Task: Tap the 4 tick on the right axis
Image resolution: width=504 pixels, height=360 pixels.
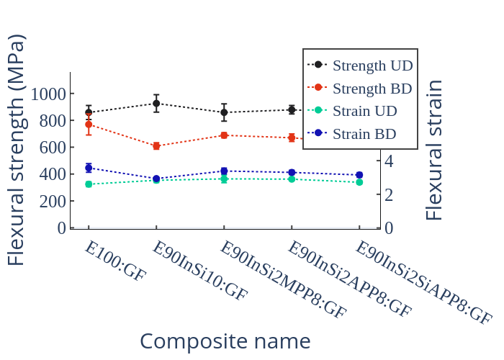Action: point(389,161)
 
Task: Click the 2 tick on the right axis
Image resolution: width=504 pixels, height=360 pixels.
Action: point(389,194)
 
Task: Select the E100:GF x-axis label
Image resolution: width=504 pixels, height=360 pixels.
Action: point(115,261)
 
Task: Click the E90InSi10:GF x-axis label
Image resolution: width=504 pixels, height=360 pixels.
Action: point(199,270)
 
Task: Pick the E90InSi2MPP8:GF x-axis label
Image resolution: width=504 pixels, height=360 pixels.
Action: point(283,279)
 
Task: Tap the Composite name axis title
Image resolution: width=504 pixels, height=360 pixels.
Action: point(225,341)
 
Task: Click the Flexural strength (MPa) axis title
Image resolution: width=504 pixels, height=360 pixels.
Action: point(16,150)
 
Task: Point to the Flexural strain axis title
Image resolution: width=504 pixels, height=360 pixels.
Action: point(434,150)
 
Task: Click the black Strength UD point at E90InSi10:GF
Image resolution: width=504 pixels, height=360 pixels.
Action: point(156,103)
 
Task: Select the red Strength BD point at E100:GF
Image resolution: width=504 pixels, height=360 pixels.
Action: point(89,125)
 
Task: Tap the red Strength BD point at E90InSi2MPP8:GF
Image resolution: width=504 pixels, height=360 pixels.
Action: point(224,135)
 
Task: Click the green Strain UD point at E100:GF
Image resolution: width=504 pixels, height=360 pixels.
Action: point(89,184)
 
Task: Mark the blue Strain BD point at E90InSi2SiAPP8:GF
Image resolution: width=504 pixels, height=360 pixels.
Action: point(359,175)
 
